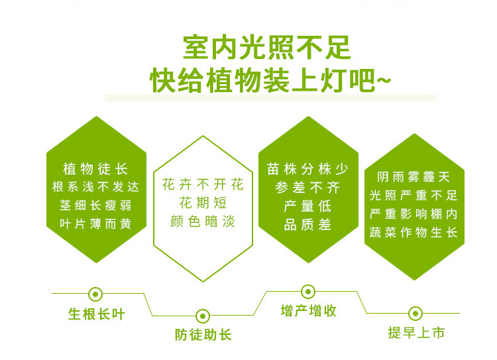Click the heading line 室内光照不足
(267, 48)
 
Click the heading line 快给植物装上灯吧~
(270, 80)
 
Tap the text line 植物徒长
(95, 168)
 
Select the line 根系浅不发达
(95, 187)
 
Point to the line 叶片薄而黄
(95, 224)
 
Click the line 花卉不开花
(203, 184)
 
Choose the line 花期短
(203, 203)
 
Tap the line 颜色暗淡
(203, 221)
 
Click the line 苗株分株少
(307, 169)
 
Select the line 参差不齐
(307, 188)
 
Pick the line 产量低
(307, 206)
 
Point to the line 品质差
(307, 225)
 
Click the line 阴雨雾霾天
(414, 176)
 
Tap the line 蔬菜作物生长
(414, 233)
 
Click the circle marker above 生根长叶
(95, 294)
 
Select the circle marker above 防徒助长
(203, 316)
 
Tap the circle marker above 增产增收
(308, 292)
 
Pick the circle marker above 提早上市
(415, 314)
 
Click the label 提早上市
(417, 333)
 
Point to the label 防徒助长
(203, 335)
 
